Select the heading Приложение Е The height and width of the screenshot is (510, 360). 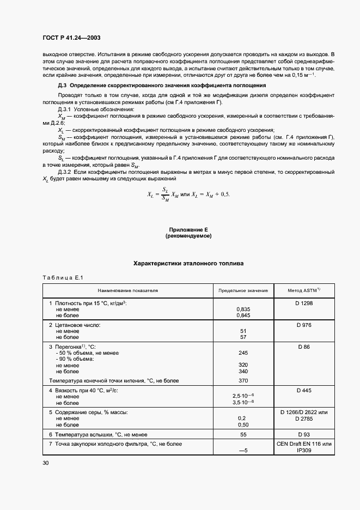(188, 230)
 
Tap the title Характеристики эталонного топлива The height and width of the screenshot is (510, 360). (188, 264)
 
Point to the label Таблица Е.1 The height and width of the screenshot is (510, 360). (62, 278)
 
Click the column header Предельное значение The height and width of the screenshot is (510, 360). (243, 290)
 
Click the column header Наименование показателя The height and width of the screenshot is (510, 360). (128, 290)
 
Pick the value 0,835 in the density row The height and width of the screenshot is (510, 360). (243, 309)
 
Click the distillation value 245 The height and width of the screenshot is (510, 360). (243, 353)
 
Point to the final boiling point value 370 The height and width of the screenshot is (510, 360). (243, 380)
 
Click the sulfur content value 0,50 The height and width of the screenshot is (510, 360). (243, 424)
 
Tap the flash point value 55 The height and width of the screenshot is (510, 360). (243, 434)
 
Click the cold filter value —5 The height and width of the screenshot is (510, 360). (243, 451)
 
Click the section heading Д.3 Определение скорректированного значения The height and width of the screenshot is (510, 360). (162, 86)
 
